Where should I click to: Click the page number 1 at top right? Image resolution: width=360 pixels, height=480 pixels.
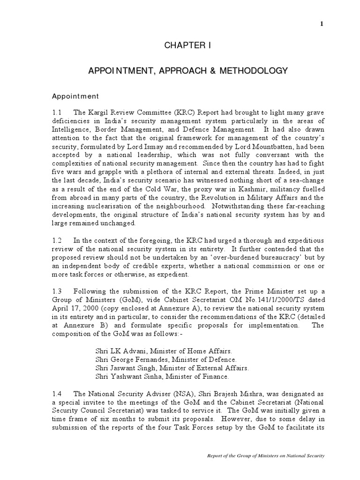(322, 24)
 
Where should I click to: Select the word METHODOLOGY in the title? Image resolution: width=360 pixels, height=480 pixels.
(251, 71)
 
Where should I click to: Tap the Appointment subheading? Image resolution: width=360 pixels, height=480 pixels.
(75, 96)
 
